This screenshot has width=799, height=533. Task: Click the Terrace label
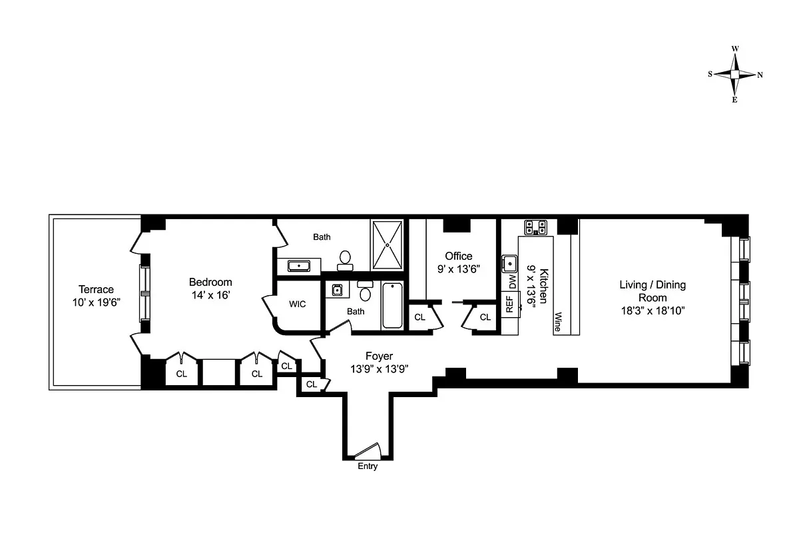click(x=96, y=289)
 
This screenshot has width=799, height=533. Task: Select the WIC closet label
click(x=297, y=304)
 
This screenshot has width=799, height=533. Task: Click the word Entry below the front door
click(x=368, y=466)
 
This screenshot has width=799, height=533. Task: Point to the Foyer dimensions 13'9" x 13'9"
click(x=380, y=368)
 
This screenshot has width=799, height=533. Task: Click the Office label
click(x=459, y=257)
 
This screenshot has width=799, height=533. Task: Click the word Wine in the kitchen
click(x=558, y=322)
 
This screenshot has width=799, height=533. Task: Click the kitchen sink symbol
click(x=509, y=262)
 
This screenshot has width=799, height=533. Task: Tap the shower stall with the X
click(x=387, y=245)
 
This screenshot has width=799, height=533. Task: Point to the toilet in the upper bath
click(x=345, y=260)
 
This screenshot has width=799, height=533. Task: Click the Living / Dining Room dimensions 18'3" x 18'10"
click(x=653, y=310)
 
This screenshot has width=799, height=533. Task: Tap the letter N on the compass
click(x=760, y=75)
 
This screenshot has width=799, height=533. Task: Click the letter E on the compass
click(x=735, y=100)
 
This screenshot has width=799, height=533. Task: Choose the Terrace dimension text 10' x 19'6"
click(x=96, y=302)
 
